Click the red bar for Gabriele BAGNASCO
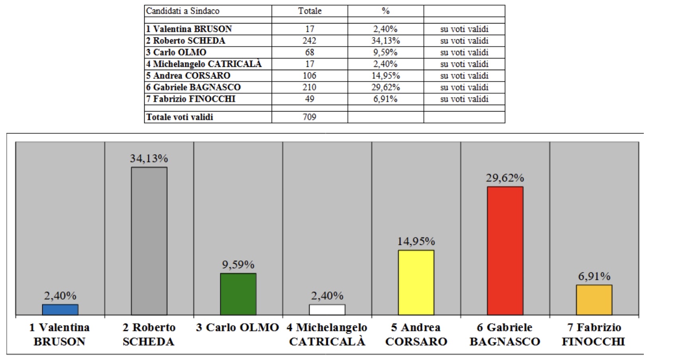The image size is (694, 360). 505,251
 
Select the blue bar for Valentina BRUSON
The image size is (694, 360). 60,310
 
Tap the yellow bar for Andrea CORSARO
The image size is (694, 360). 416,282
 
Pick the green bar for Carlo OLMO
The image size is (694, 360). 238,294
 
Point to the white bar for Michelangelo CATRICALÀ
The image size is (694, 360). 327,310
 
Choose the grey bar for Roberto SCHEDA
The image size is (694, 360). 149,241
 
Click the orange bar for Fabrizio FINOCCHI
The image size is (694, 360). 594,300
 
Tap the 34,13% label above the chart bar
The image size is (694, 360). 149,158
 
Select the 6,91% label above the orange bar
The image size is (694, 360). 594,276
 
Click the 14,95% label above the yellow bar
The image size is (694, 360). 416,241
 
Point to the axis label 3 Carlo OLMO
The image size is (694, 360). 237,328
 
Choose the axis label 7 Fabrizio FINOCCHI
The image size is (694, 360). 594,335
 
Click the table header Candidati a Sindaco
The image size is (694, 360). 183,11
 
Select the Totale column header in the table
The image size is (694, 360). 310,11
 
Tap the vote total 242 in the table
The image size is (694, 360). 309,41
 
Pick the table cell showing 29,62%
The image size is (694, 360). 385,87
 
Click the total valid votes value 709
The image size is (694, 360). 309,117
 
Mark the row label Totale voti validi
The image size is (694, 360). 180,117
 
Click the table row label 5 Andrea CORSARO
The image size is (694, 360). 188,76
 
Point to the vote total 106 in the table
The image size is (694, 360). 309,76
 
